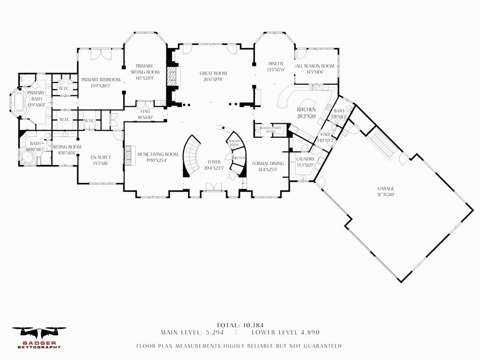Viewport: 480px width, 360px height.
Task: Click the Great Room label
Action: coord(213,74)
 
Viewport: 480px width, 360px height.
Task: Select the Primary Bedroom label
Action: coord(101,80)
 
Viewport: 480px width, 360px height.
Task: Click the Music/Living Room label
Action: coord(157,154)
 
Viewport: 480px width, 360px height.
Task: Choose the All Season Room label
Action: coord(315,66)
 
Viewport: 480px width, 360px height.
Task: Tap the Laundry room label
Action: coord(305,159)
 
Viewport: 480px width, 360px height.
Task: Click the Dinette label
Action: coord(276,64)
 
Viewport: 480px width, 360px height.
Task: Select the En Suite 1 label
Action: coord(99,157)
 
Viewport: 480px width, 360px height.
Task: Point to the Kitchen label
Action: coord(305,110)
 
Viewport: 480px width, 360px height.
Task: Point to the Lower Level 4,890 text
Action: coord(285,332)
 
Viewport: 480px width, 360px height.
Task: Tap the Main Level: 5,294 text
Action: coord(192,332)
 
